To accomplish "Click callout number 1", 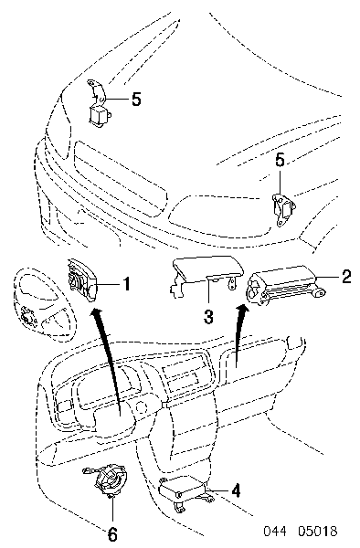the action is point(126,284).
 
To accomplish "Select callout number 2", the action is point(345,277).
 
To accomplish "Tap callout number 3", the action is point(208,317).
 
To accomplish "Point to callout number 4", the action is point(236,490).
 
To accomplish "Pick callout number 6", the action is point(112,534).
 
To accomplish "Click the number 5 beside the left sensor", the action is point(136,100).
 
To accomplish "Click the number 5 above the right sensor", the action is point(280,161).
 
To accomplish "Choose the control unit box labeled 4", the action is point(183,489).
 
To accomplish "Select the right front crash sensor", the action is point(284,210).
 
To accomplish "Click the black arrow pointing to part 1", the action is point(106,360).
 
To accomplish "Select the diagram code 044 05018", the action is point(301,531).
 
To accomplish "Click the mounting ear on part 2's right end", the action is point(318,292).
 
